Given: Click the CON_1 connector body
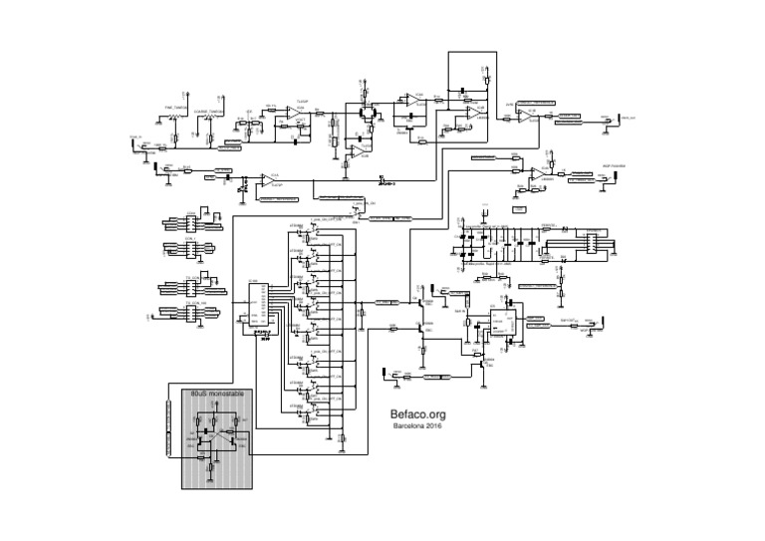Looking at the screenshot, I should [x=183, y=247].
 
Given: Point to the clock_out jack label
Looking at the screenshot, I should [x=626, y=117].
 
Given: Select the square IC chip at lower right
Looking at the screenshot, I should [x=502, y=325].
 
